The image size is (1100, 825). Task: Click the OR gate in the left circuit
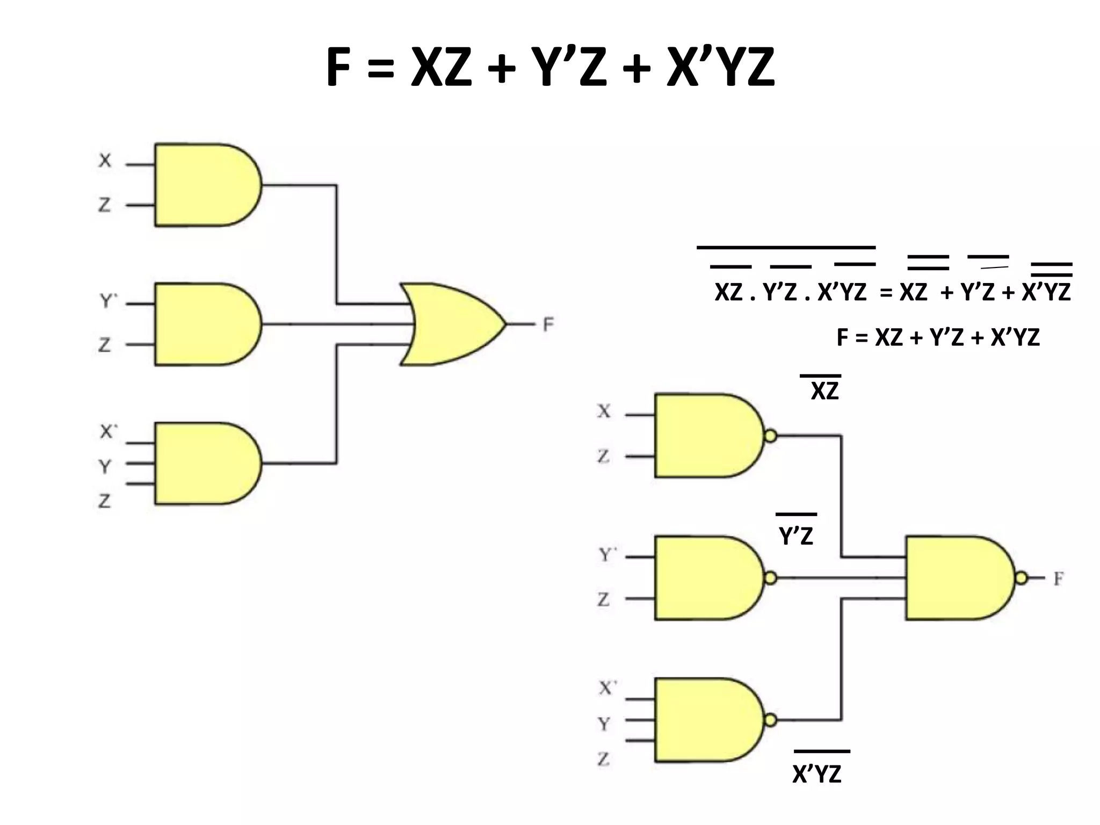tap(451, 324)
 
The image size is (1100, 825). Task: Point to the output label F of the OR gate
tap(548, 324)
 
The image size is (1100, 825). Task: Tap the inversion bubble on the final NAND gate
tap(1021, 578)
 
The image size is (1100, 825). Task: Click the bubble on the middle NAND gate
tap(770, 578)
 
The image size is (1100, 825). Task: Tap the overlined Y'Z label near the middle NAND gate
tap(796, 535)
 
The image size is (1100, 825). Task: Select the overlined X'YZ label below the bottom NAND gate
tap(816, 773)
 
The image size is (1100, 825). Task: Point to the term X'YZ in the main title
tap(720, 68)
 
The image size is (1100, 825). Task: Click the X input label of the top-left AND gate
tap(105, 160)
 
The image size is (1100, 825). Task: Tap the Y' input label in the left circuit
tap(108, 301)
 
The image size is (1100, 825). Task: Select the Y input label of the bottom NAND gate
tap(604, 724)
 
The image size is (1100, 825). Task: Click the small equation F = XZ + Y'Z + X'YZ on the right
tap(938, 337)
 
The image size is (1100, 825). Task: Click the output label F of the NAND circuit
tap(1058, 579)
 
